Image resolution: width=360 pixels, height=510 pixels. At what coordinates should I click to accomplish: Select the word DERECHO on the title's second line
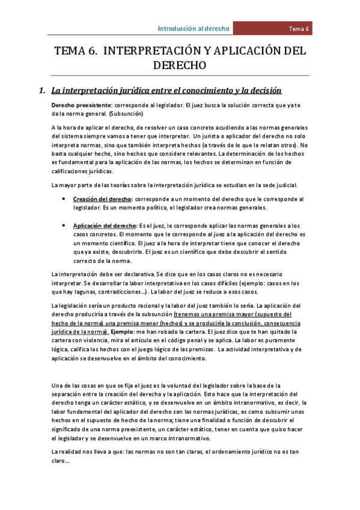[180, 65]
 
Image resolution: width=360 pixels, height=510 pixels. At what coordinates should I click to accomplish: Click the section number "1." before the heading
[41, 91]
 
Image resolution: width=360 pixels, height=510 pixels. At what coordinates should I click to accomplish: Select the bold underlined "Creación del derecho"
[103, 199]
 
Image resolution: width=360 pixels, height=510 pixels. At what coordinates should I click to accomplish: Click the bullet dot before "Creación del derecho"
[64, 199]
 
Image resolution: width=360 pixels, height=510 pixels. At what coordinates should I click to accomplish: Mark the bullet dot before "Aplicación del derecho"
[64, 225]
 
